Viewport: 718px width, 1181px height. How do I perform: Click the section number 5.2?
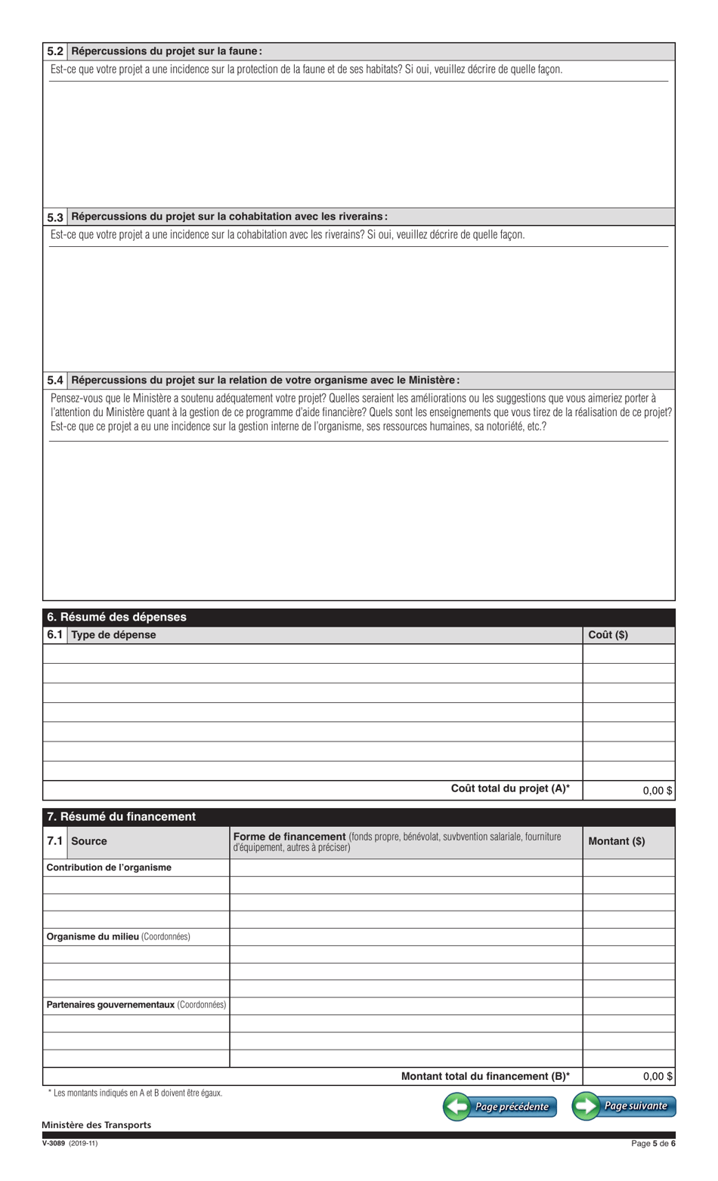(55, 52)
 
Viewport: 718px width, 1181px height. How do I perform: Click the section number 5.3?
(55, 217)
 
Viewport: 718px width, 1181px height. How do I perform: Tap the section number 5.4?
(55, 381)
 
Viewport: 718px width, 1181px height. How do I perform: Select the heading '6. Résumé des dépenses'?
(116, 617)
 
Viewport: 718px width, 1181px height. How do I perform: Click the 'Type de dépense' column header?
(113, 635)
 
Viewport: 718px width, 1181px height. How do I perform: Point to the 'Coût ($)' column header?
(608, 635)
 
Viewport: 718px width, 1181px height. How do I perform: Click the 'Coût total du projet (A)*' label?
(510, 789)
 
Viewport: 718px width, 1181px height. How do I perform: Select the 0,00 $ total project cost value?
(657, 791)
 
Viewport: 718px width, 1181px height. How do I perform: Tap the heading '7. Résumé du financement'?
(121, 816)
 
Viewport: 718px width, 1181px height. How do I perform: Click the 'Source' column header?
(89, 841)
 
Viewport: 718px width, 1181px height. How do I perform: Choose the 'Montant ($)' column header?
(616, 841)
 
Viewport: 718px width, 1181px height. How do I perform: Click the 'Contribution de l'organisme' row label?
(109, 868)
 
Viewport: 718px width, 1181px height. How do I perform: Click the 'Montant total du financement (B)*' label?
(485, 1076)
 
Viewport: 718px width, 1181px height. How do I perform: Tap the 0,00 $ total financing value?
(657, 1077)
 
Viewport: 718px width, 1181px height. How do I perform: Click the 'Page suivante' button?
(624, 1106)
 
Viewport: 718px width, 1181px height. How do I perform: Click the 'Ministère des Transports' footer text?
(96, 1125)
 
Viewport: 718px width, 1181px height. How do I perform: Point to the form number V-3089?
(54, 1143)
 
